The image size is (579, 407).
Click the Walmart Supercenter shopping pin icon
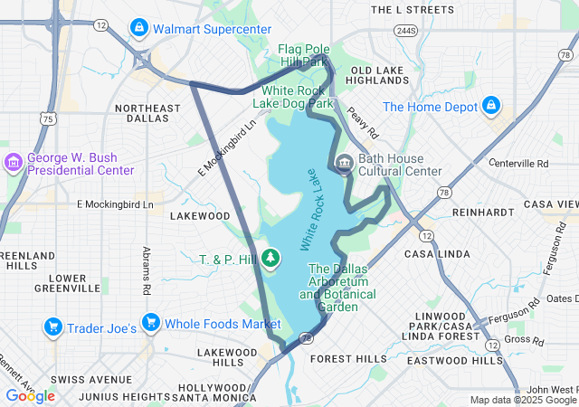tap(139, 28)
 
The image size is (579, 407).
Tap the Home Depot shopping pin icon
tap(491, 106)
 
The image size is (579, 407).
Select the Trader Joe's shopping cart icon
tap(53, 327)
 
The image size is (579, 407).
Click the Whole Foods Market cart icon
tap(151, 323)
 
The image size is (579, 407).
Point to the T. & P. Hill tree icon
tap(271, 260)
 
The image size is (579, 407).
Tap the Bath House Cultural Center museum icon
tap(344, 164)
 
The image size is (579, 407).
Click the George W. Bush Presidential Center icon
tap(14, 163)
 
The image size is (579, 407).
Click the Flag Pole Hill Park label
tap(303, 56)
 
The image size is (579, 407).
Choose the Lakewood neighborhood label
tap(200, 216)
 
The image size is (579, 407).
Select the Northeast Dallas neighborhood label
tap(148, 113)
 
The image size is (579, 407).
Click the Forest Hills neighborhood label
tap(347, 358)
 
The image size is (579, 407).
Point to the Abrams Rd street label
tap(147, 270)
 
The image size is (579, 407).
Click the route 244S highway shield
tap(404, 31)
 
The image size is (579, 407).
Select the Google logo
tap(30, 395)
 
